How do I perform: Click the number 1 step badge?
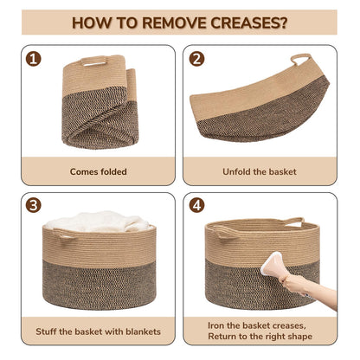33,59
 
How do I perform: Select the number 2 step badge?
196,59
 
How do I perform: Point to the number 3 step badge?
33,205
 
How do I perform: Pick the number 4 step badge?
196,205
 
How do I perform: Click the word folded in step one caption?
112,171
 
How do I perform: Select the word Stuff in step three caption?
46,331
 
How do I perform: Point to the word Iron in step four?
216,325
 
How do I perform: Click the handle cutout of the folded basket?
94,62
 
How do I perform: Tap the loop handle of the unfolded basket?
301,59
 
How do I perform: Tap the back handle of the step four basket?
293,222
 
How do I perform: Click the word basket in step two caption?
282,171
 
